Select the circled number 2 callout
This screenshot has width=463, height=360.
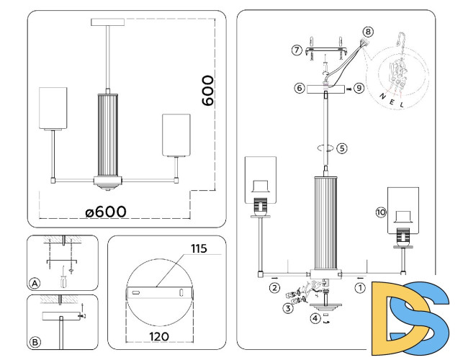[274, 288]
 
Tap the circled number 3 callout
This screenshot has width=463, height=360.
[287, 309]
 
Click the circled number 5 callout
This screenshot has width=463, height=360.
[342, 148]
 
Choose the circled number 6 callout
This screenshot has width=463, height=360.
[299, 89]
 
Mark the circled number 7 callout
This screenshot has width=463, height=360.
[297, 50]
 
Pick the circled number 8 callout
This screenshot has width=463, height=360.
[369, 32]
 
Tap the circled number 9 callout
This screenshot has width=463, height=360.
[359, 89]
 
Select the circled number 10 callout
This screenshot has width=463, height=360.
[380, 212]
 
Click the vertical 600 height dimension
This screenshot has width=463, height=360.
[207, 90]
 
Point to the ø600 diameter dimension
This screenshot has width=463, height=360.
[105, 211]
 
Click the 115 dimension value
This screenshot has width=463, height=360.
[199, 249]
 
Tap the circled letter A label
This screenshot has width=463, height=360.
[35, 282]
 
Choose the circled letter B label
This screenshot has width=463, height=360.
[35, 341]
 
